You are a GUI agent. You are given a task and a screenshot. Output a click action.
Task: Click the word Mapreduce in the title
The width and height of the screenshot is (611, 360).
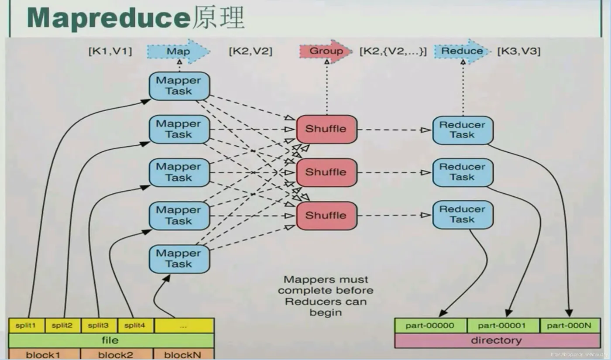[x=108, y=18]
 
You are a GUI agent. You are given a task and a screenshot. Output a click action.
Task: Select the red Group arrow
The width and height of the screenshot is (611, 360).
[x=326, y=51]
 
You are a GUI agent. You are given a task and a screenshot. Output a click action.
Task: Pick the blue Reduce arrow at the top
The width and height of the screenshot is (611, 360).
[x=462, y=51]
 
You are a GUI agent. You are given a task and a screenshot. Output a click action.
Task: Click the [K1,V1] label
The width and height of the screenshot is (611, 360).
[x=110, y=51]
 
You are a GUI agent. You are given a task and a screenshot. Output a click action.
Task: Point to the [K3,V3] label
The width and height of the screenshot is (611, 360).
[x=519, y=51]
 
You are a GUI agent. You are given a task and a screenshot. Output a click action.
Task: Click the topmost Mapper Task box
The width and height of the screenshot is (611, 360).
[x=179, y=86]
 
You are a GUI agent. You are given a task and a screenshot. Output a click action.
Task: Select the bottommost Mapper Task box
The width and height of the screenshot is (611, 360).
[x=179, y=259]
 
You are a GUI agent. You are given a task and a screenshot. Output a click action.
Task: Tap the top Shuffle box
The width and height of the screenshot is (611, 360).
[x=326, y=129]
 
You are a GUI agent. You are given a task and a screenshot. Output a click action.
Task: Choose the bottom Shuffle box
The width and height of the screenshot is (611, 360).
[x=326, y=216]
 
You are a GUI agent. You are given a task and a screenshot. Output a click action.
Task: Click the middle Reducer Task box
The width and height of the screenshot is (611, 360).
[x=463, y=172]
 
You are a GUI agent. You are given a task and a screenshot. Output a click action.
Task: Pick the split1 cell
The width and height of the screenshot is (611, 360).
[x=27, y=326]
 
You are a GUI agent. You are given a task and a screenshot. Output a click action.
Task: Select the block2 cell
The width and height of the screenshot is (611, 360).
[x=116, y=354]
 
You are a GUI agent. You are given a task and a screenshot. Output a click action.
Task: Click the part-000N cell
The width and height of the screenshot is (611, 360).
[x=570, y=326]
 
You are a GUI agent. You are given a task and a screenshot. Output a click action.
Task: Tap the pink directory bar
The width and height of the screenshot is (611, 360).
[x=497, y=340]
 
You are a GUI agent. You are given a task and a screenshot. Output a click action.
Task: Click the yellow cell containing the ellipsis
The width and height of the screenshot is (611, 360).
[x=184, y=326]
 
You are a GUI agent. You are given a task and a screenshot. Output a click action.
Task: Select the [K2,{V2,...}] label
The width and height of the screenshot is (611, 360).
[x=393, y=51]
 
